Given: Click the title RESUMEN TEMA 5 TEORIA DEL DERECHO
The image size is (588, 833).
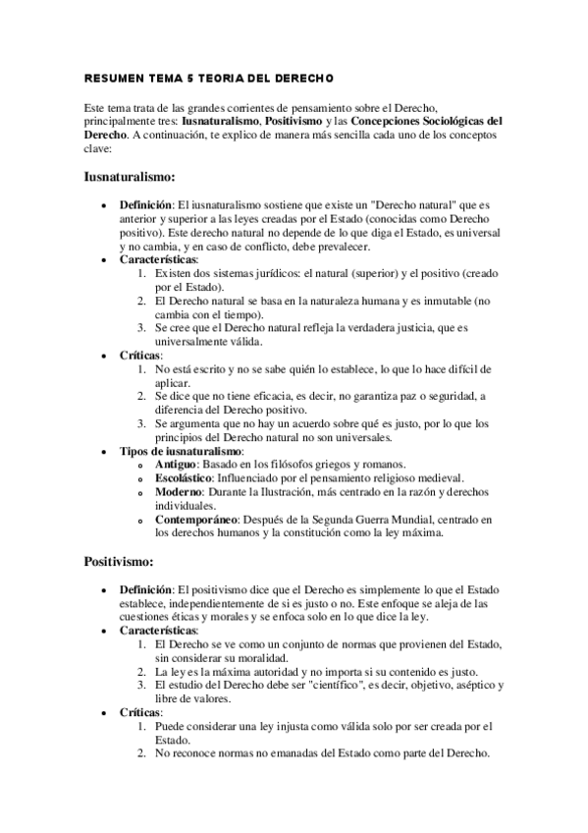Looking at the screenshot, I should tap(210, 77).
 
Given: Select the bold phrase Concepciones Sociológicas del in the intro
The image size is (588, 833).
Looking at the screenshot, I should tap(426, 120).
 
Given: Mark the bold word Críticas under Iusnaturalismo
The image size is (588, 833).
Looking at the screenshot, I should tap(140, 355).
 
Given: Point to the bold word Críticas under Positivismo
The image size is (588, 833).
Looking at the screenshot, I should tap(140, 711).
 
